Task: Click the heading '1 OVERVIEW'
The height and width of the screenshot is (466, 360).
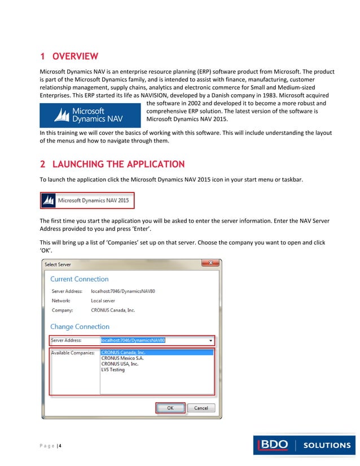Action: (x=69, y=56)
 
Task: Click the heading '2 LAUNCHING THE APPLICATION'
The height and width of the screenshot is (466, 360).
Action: (x=112, y=164)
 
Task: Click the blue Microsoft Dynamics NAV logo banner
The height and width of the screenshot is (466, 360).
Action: (x=90, y=115)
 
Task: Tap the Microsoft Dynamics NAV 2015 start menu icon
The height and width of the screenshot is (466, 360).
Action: (x=87, y=200)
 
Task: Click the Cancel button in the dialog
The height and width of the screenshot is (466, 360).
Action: (x=201, y=408)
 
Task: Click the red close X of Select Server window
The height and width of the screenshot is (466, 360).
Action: (x=210, y=263)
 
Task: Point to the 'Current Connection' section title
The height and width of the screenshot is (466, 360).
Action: (x=80, y=279)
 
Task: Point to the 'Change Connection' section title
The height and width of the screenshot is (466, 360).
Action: (x=80, y=327)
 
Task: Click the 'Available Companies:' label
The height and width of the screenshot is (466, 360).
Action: (x=73, y=353)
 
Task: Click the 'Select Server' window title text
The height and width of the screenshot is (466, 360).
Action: (x=58, y=264)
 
